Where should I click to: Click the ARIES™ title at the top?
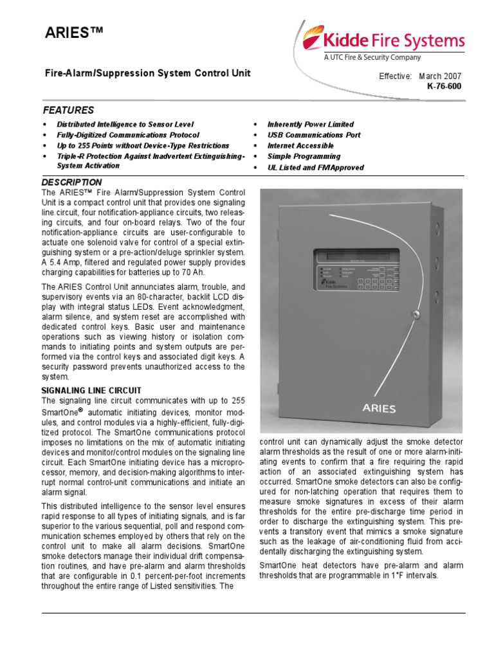click(71, 34)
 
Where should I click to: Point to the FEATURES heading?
click(68, 110)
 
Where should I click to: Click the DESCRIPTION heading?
click(72, 182)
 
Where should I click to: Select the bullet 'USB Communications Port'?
click(314, 135)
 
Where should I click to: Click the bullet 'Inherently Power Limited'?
click(310, 124)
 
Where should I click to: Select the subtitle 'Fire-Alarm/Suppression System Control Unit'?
click(147, 73)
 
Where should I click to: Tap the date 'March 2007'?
click(441, 76)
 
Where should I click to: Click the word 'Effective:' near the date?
click(395, 76)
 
